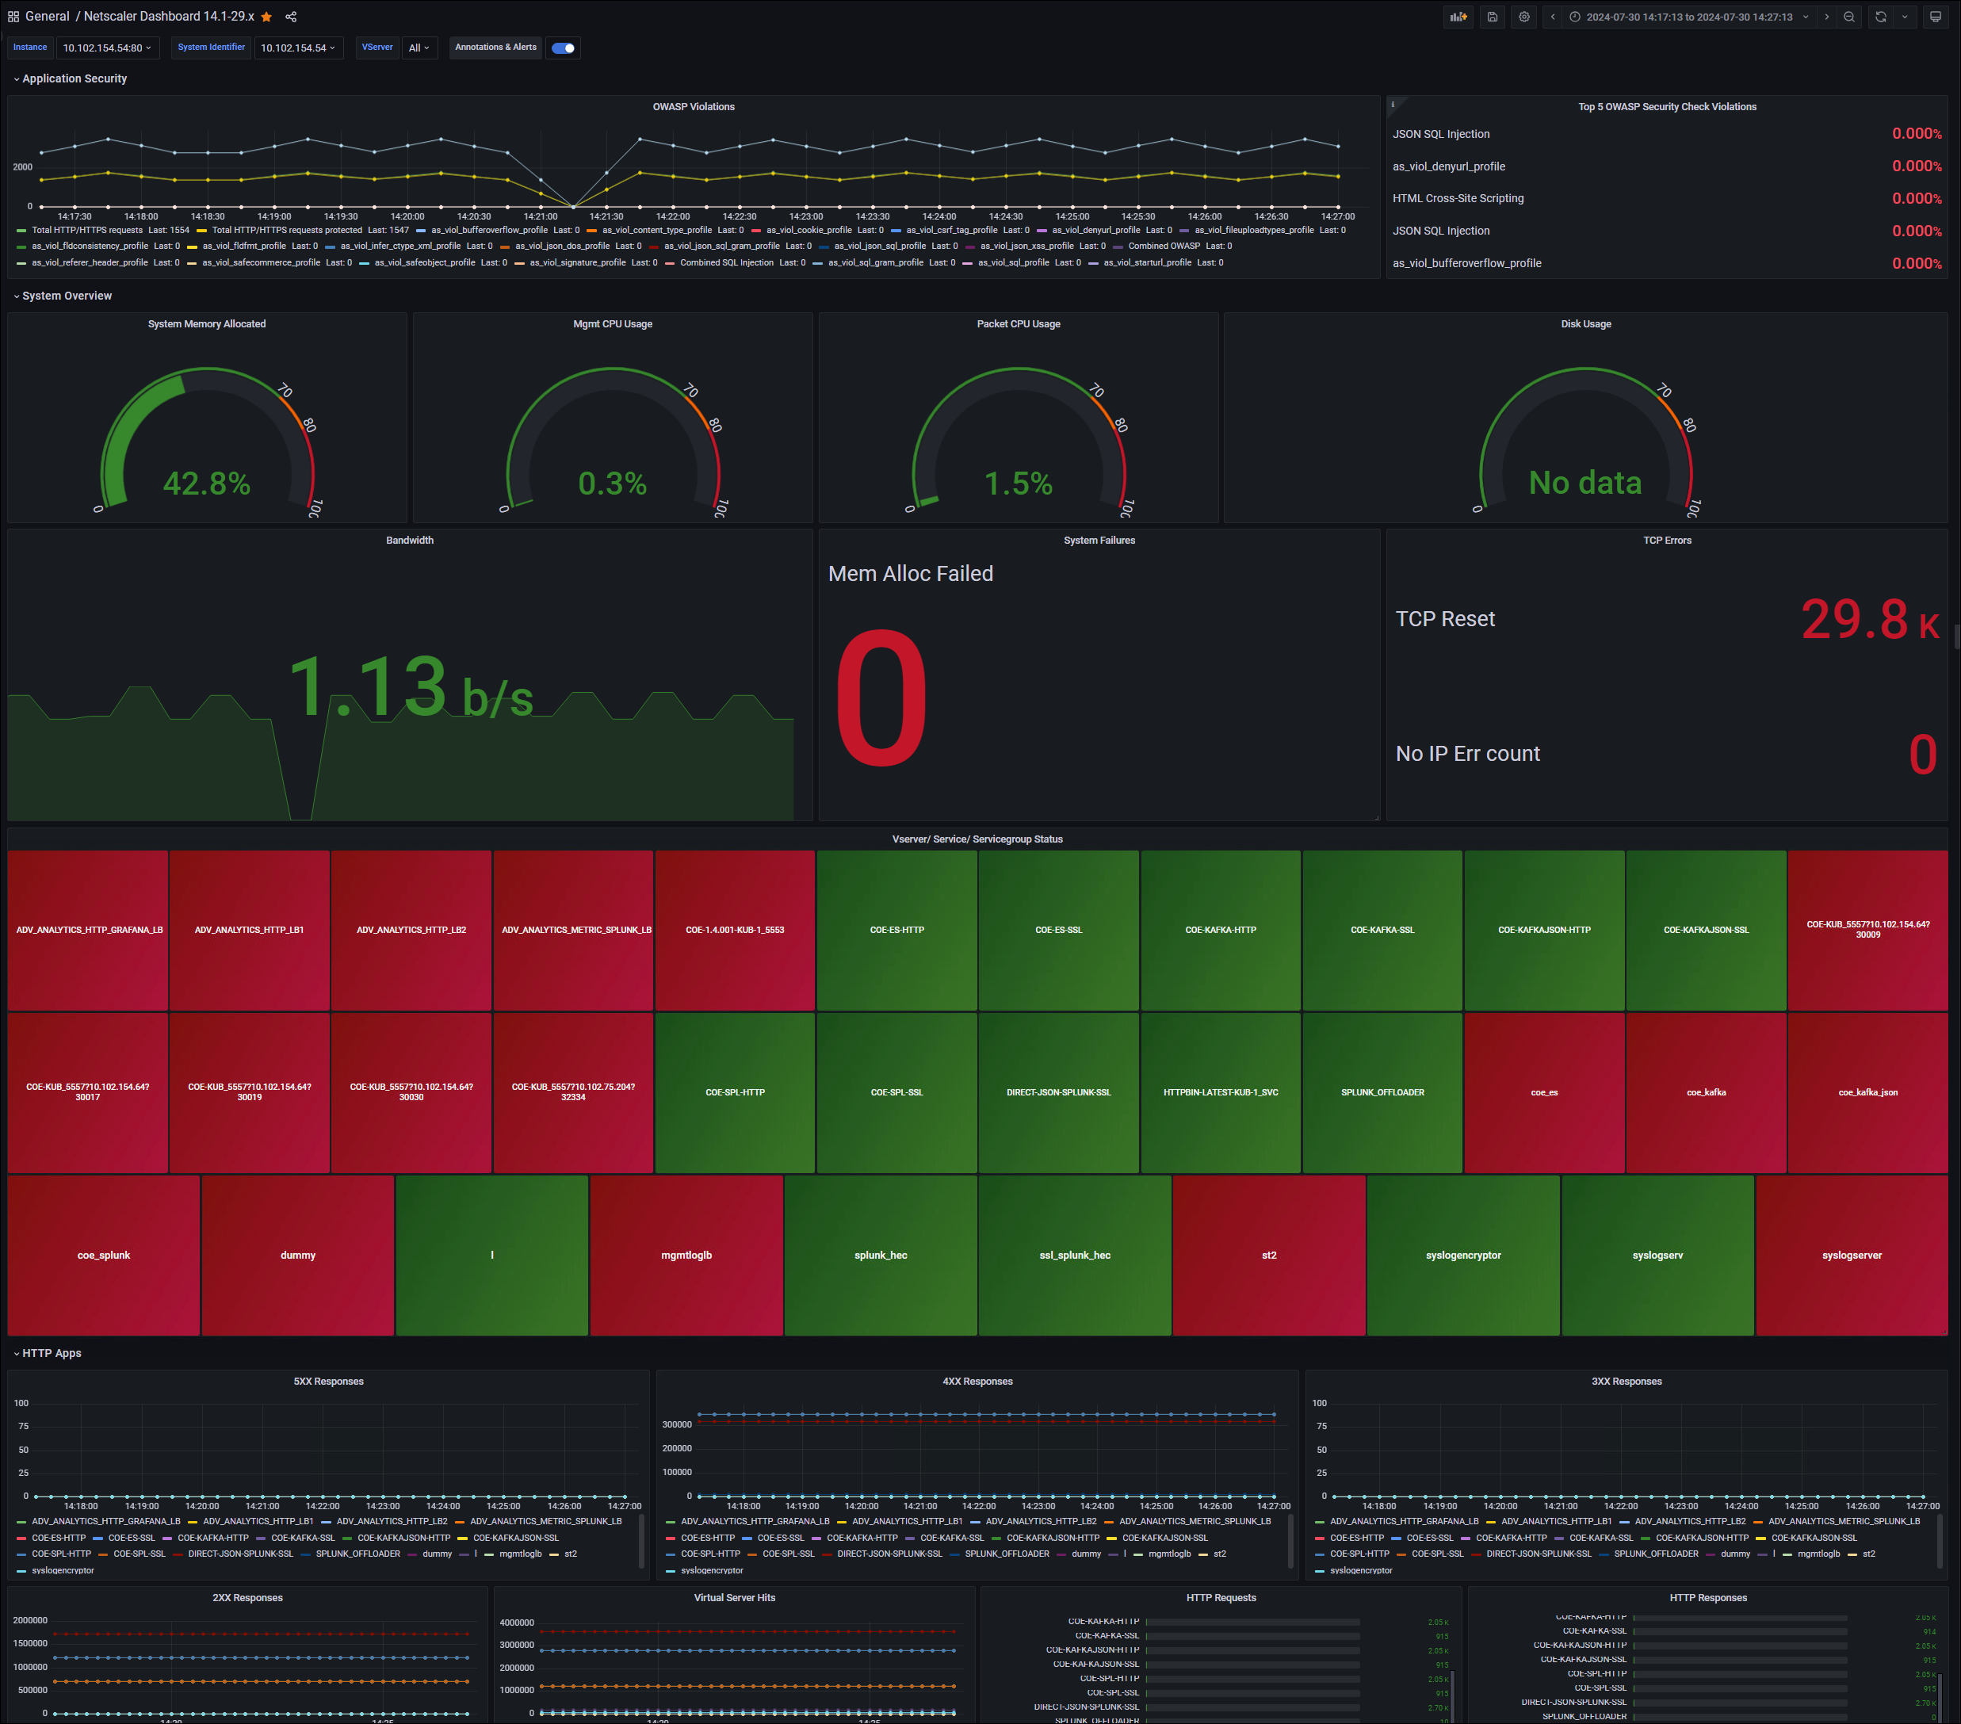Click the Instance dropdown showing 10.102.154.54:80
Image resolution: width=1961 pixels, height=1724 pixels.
pos(106,48)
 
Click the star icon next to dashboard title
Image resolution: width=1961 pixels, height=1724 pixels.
pos(266,17)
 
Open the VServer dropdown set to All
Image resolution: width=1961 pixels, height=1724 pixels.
pos(419,48)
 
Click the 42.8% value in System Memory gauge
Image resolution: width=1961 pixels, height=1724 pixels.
pos(206,483)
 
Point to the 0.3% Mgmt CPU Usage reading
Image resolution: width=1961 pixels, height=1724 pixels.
pos(612,483)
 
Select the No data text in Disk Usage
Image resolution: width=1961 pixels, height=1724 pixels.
pos(1585,483)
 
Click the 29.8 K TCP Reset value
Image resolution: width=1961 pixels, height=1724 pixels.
pos(1868,620)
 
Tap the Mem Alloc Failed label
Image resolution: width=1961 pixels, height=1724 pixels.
pos(911,574)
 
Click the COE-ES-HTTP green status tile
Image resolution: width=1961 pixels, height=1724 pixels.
pos(897,930)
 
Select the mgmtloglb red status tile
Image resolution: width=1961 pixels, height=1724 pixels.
pos(686,1255)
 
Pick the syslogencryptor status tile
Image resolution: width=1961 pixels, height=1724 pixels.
pos(1463,1255)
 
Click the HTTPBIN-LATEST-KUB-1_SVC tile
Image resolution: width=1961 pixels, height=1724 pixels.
pos(1221,1091)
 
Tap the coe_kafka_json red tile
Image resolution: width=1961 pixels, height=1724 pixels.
pos(1867,1091)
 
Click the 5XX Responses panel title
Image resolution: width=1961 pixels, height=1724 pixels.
pos(328,1382)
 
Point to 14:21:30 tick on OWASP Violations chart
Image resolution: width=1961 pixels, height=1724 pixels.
pos(606,217)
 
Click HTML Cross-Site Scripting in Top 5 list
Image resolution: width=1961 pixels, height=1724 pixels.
pos(1458,199)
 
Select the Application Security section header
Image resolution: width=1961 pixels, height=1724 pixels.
pos(74,78)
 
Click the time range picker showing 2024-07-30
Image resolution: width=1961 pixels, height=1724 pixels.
pos(1688,17)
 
